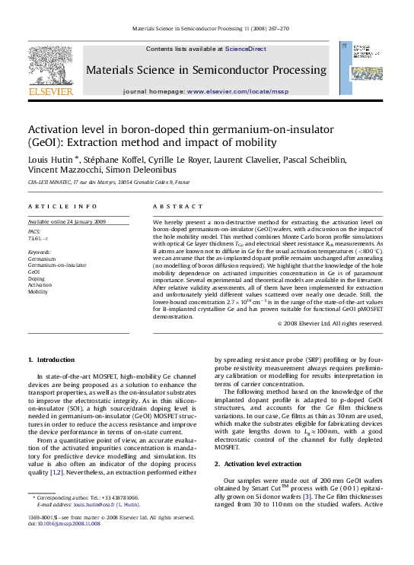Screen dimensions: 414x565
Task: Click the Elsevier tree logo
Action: (x=50, y=65)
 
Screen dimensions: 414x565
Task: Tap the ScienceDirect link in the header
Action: (x=245, y=49)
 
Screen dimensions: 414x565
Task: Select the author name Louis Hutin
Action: (x=51, y=160)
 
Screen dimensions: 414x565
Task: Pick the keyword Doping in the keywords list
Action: (x=37, y=278)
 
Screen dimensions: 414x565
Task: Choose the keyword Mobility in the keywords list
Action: (x=39, y=290)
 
